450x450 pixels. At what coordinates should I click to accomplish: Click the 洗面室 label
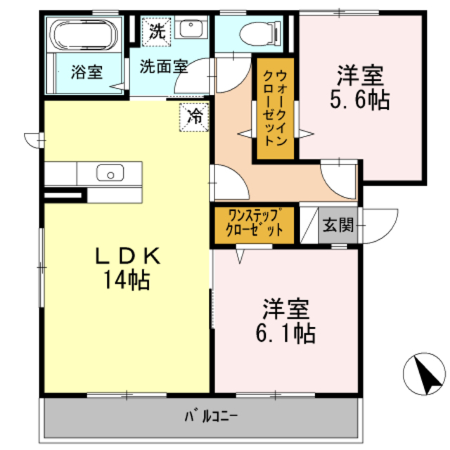click(162, 67)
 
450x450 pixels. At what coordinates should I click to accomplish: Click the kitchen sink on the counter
click(110, 172)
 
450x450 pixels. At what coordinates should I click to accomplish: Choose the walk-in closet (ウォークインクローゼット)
click(272, 109)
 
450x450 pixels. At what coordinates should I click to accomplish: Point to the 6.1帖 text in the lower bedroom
click(285, 332)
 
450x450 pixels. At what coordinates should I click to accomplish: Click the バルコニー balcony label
click(211, 416)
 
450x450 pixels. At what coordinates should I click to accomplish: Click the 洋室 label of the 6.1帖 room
click(285, 308)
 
